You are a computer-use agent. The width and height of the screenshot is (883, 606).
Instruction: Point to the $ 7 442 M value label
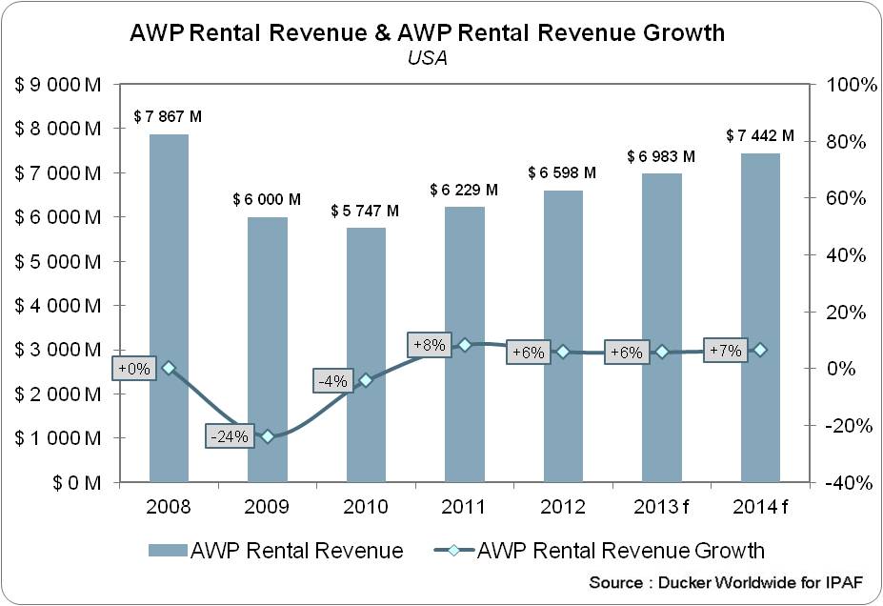(x=760, y=136)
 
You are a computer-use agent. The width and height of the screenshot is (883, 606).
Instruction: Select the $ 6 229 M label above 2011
(x=464, y=191)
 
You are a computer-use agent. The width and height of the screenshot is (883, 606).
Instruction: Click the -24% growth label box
(x=230, y=437)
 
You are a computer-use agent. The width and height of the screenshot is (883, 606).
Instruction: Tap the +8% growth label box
(x=428, y=345)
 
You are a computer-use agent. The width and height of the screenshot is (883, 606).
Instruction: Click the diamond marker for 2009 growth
(x=268, y=436)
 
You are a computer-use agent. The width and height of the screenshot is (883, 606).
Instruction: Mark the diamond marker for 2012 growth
(x=563, y=352)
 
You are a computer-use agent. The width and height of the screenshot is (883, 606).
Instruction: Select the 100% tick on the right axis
(x=843, y=85)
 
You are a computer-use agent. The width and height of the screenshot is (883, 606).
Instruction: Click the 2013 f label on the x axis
(x=661, y=506)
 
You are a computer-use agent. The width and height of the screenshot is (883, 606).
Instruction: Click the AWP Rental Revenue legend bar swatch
(x=166, y=551)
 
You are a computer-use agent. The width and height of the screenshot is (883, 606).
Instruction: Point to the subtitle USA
(x=427, y=57)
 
